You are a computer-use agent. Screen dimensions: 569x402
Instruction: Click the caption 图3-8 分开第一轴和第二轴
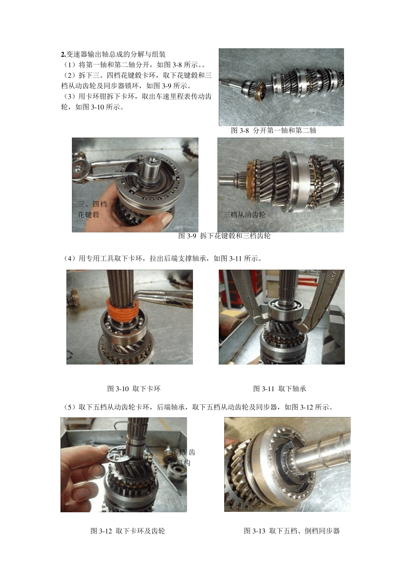pyautogui.click(x=273, y=130)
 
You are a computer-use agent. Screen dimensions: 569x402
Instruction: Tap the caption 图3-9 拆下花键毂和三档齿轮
pyautogui.click(x=224, y=236)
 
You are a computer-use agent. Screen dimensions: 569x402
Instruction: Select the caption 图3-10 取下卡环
pyautogui.click(x=134, y=389)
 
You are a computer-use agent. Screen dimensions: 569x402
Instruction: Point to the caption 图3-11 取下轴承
pyautogui.click(x=279, y=389)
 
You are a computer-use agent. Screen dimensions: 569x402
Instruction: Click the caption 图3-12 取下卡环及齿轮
pyautogui.click(x=127, y=531)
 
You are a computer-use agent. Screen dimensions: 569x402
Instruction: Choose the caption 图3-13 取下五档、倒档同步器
pyautogui.click(x=292, y=531)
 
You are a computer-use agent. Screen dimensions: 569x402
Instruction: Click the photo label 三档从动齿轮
pyautogui.click(x=245, y=215)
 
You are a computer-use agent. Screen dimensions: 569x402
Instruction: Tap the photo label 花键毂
pyautogui.click(x=88, y=215)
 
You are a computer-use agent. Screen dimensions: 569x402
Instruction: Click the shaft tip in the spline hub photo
pyautogui.click(x=151, y=166)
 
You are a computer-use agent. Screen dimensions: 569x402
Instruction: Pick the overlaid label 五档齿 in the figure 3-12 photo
pyautogui.click(x=183, y=453)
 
